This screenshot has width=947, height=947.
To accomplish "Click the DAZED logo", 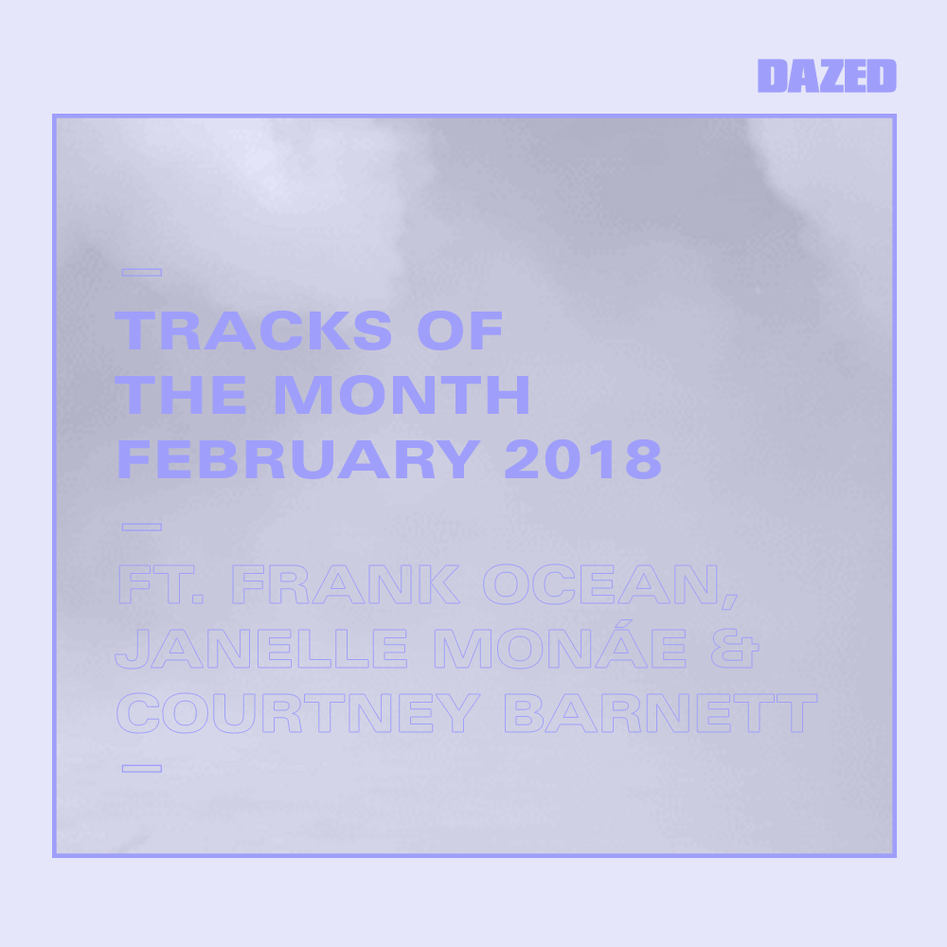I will point(827,76).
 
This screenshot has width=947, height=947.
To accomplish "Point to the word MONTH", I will point(402,396).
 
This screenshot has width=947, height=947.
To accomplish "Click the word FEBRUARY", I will point(297,461).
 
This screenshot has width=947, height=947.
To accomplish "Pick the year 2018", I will point(583,461).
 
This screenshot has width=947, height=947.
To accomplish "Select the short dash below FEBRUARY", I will point(142,526).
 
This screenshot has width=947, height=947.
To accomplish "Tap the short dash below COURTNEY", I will point(142,768).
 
